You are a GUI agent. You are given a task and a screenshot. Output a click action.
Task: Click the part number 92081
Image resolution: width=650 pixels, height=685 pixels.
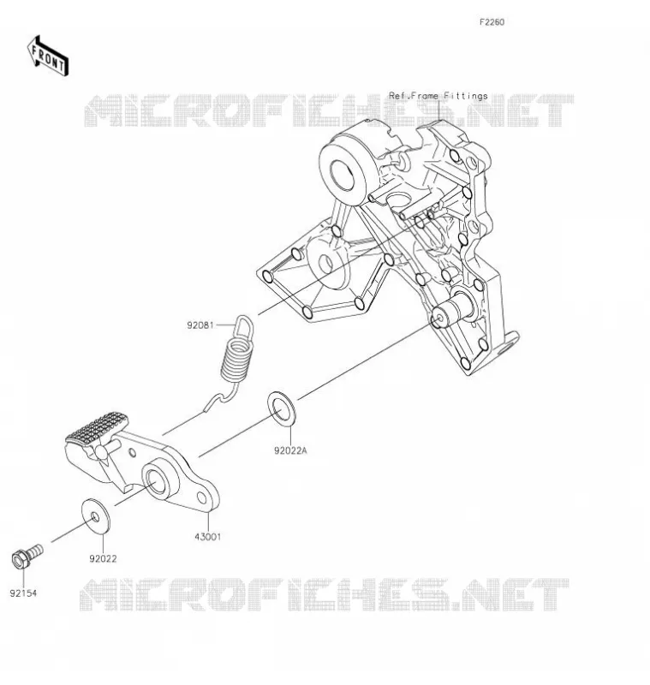coord(200,325)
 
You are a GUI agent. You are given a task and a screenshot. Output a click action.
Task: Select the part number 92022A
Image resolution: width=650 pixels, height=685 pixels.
coord(290,450)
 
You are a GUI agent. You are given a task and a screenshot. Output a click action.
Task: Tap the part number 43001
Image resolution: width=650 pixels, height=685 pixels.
coord(208,537)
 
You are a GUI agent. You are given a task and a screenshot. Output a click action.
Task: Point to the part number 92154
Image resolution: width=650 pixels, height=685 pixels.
coord(24,593)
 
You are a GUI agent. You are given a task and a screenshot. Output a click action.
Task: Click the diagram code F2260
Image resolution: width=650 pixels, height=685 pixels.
coord(492,22)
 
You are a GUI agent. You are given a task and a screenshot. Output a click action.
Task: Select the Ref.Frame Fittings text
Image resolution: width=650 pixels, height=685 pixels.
coord(438,96)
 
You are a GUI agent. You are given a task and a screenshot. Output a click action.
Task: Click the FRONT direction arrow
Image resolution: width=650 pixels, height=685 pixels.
coord(48,57)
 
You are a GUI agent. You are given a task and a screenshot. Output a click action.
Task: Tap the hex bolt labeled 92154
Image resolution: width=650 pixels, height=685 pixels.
coord(27,556)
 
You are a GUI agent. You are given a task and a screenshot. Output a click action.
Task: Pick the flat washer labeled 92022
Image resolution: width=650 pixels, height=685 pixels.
coord(96,516)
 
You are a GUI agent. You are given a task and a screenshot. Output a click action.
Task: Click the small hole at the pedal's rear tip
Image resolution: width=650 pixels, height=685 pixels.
coord(202,498)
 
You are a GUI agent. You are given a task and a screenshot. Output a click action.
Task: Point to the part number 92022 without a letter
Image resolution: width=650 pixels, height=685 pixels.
coord(103,559)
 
